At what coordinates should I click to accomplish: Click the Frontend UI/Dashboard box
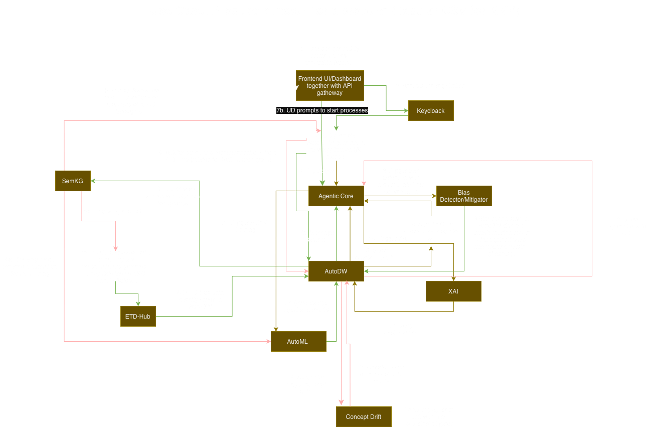(x=329, y=86)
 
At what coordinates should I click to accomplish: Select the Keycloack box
(x=431, y=111)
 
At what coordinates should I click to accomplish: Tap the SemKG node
(x=73, y=181)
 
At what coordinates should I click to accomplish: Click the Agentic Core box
(x=336, y=196)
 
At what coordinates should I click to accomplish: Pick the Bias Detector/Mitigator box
(x=463, y=196)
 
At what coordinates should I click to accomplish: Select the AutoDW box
(x=336, y=271)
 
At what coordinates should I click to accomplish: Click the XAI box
(x=453, y=291)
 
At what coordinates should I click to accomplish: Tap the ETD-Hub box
(x=138, y=316)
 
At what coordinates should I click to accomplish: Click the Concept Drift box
(x=363, y=416)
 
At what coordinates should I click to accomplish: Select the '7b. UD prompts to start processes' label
(x=322, y=110)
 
